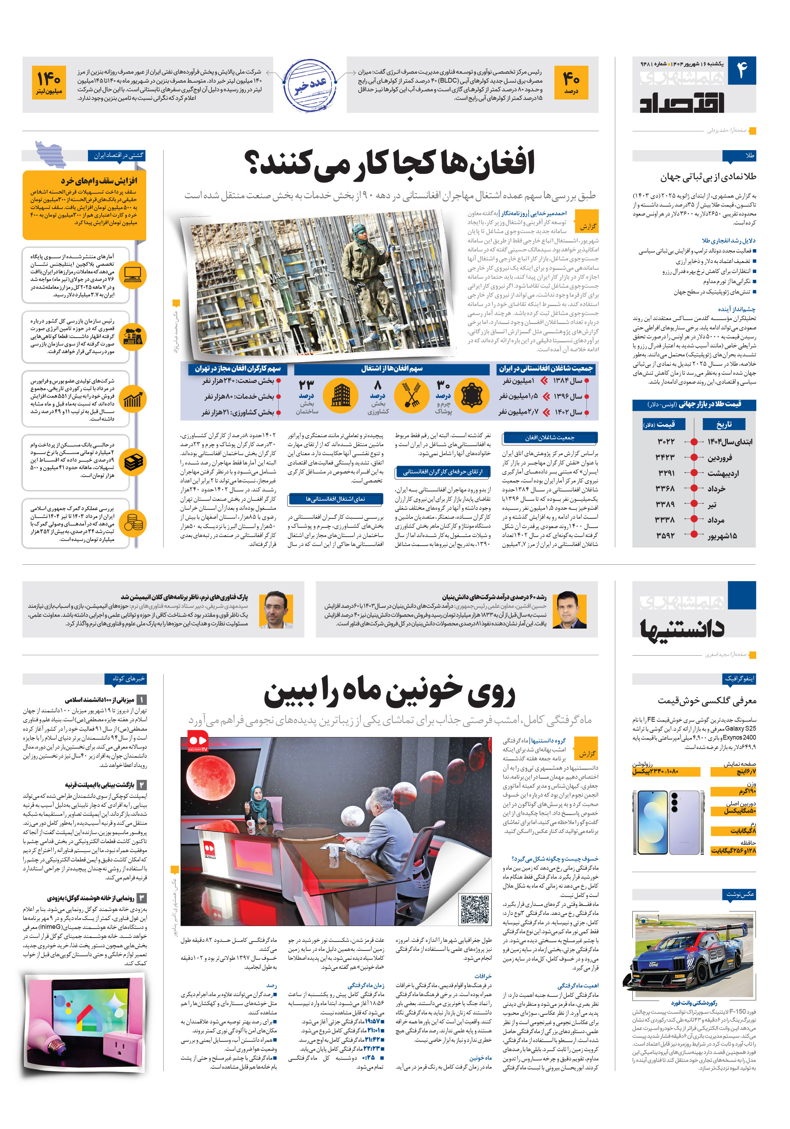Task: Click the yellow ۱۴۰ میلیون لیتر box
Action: [49, 82]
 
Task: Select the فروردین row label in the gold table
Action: [719, 457]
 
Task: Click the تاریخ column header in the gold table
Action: [724, 424]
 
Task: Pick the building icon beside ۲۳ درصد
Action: [341, 394]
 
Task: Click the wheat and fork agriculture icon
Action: [412, 394]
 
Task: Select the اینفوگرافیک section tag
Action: [739, 679]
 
